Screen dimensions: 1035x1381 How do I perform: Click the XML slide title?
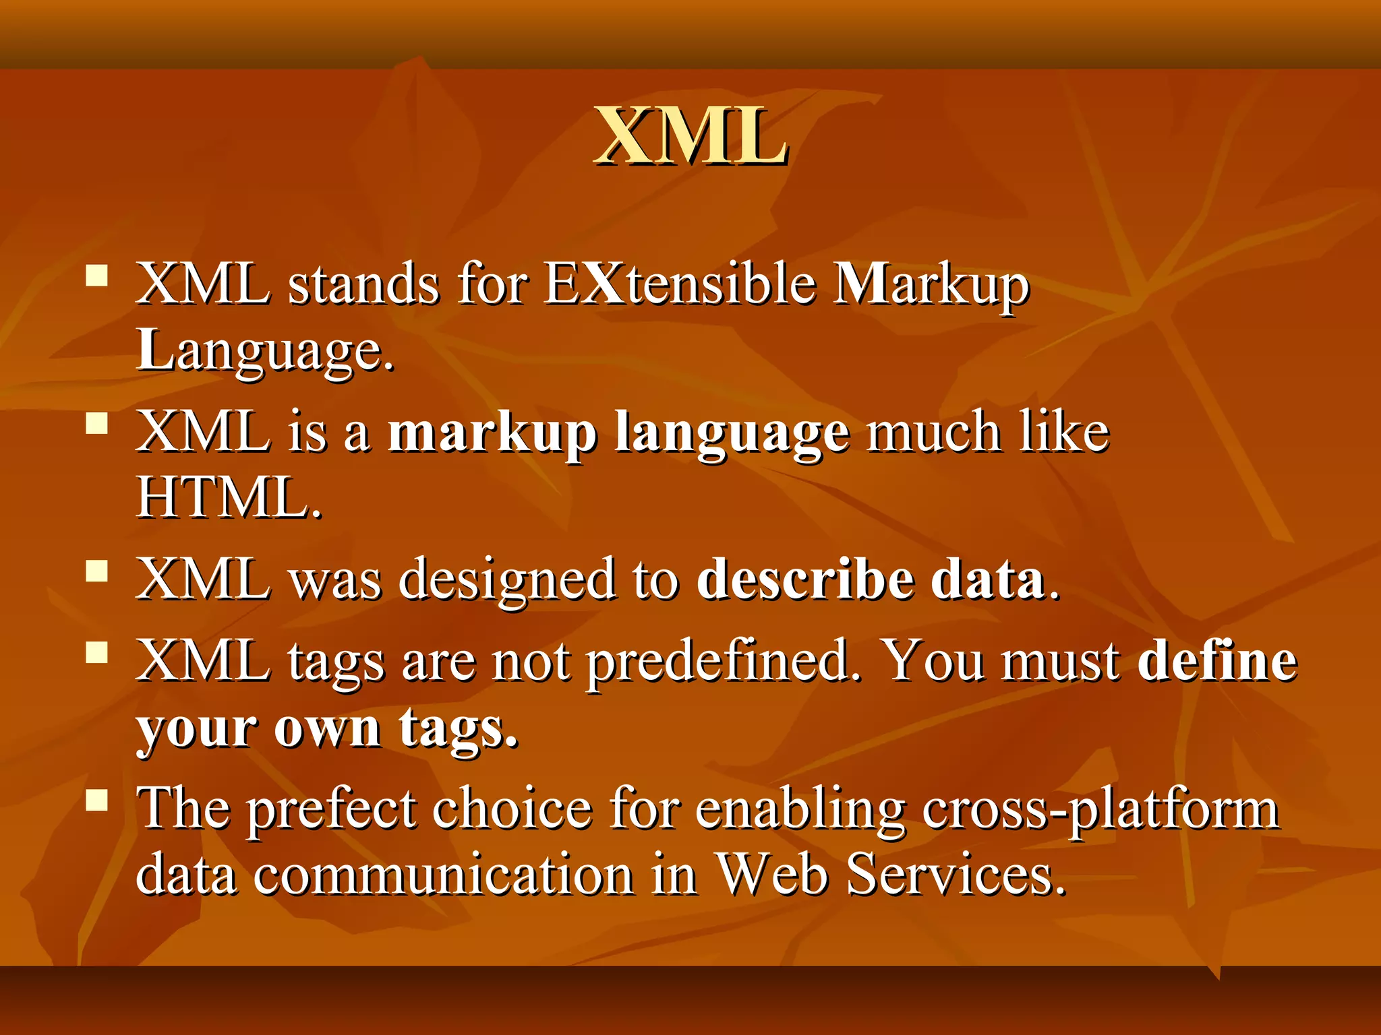(690, 137)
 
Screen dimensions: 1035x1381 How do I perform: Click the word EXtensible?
(680, 284)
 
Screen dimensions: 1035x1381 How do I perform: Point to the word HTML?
(229, 498)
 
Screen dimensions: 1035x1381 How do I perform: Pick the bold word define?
(1216, 660)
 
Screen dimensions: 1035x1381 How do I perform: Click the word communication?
(443, 875)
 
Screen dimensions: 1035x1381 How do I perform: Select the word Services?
(956, 875)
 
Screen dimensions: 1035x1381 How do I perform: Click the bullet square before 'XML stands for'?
(97, 276)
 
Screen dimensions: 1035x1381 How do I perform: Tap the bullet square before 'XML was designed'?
(97, 571)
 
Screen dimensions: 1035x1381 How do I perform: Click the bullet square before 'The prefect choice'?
(97, 800)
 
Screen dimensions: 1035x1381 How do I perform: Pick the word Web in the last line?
(771, 875)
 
